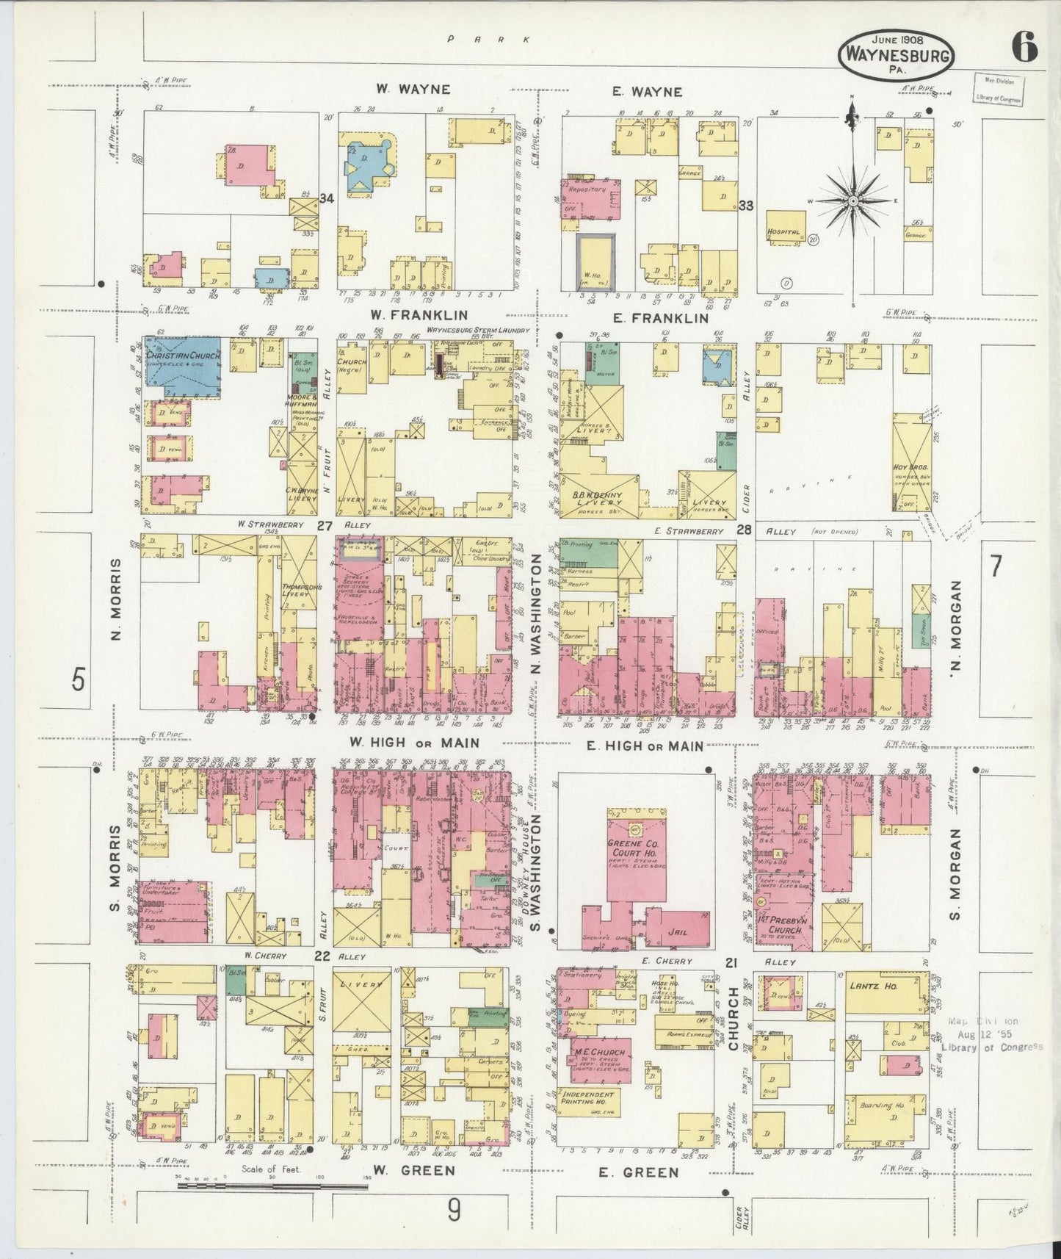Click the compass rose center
point(854,200)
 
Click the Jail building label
point(678,931)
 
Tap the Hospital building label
point(783,232)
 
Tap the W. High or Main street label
point(414,743)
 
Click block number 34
point(327,197)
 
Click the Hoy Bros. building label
point(911,467)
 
